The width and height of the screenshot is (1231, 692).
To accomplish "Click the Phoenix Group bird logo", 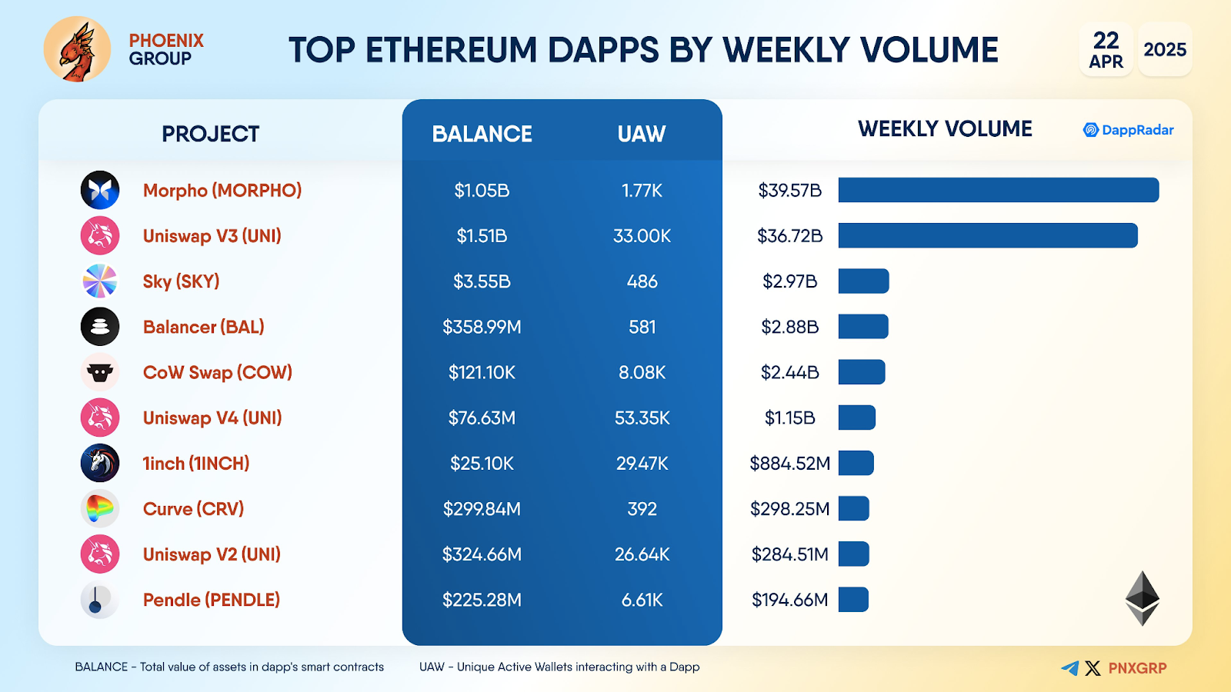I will (x=77, y=49).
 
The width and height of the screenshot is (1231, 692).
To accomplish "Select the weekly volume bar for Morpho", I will (x=998, y=190).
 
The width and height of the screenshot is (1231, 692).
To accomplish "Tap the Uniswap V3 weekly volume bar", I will (x=987, y=235).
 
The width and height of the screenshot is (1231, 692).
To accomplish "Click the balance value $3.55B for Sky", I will (x=482, y=281).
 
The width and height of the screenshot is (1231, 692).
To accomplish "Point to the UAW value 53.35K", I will (x=642, y=418).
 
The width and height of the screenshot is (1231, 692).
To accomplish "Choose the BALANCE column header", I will (x=482, y=134).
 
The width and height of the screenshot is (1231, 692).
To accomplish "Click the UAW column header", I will (x=641, y=134).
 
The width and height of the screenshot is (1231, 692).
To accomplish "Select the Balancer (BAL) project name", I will (x=203, y=327).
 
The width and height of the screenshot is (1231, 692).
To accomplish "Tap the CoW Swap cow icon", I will (x=100, y=373).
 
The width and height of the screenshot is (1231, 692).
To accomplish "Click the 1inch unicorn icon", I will (x=100, y=464).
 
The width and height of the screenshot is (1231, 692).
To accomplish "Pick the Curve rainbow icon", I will (x=100, y=508).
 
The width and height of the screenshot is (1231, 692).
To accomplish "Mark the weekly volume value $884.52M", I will (x=789, y=464).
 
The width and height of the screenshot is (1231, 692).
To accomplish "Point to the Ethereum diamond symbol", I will (x=1143, y=598).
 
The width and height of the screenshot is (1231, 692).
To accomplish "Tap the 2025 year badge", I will (x=1165, y=50).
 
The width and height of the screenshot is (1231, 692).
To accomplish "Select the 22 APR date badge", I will (x=1106, y=50).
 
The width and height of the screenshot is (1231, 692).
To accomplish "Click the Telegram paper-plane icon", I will (x=1069, y=668).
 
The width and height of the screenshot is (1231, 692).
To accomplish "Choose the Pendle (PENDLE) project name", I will (x=211, y=600).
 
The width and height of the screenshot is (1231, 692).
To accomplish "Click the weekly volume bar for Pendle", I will (x=853, y=600).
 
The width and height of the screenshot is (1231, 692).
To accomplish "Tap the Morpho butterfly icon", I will (x=100, y=190).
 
